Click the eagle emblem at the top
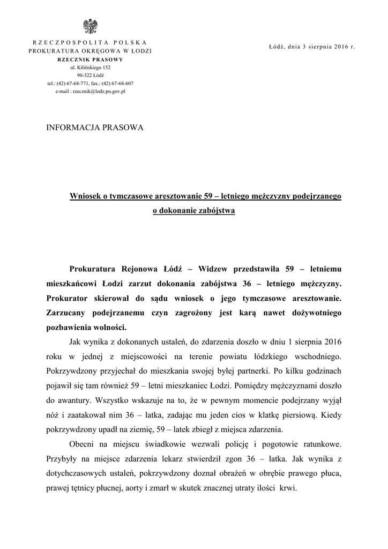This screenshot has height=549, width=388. (x=90, y=26)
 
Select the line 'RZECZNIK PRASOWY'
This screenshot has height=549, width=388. (x=90, y=60)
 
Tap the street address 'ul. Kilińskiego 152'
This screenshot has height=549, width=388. (x=90, y=68)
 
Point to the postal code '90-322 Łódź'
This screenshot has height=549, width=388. (x=90, y=76)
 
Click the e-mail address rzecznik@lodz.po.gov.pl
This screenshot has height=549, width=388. (x=90, y=92)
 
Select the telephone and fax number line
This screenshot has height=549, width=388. (x=90, y=84)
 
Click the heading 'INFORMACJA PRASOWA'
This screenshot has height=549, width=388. (x=95, y=128)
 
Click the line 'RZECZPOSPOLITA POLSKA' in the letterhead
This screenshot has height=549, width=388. (x=90, y=42)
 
